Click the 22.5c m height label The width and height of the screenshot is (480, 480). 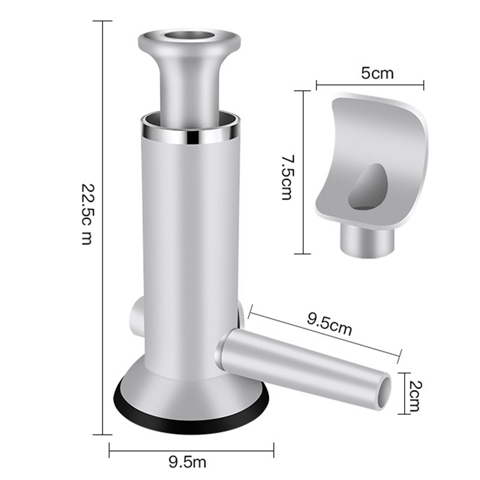[87, 214]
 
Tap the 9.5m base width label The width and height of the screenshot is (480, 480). [187, 462]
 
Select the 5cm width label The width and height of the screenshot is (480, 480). [377, 73]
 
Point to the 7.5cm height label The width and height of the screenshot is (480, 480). [287, 178]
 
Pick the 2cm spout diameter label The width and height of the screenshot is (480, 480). [415, 395]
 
